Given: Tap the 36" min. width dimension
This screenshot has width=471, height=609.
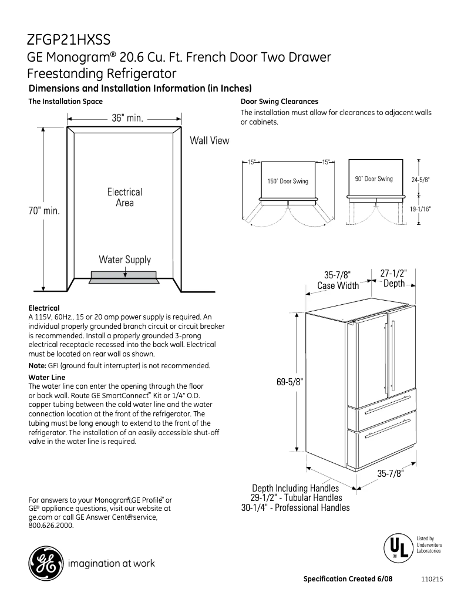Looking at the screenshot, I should coord(128,118).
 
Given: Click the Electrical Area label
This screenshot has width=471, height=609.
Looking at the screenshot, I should coord(125,197).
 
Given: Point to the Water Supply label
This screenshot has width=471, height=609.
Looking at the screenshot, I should coord(125,260).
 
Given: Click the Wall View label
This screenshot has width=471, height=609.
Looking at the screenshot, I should coord(209,141).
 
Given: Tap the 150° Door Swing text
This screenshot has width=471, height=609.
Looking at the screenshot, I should coord(288,181).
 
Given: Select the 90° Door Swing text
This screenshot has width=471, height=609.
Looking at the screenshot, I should coord(374,179).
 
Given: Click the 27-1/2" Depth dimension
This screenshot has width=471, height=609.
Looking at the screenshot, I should coord(394,278).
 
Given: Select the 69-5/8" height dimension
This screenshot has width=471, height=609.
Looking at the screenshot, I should coord(290,382).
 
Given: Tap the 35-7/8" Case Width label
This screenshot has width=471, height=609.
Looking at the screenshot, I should coord(338,280).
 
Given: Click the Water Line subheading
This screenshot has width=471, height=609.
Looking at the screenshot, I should coord(47,377).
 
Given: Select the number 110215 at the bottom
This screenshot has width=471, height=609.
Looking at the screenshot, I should coord(432,579).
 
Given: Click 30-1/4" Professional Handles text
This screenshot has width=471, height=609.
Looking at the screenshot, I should coord(295,508).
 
